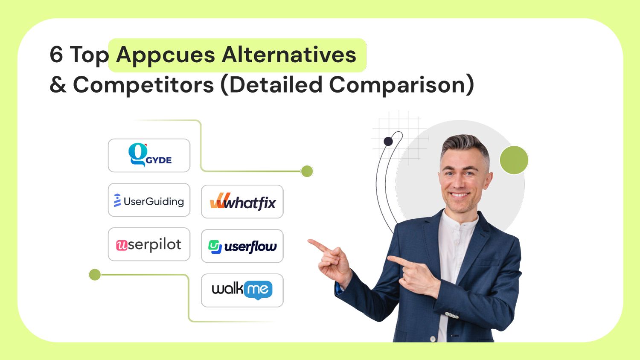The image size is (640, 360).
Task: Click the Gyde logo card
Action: tap(149, 155)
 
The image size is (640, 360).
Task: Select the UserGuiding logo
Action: tap(149, 200)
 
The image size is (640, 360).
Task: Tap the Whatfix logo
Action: tap(242, 202)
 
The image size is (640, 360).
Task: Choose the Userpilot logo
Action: tap(149, 244)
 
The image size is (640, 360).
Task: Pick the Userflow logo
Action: tap(242, 246)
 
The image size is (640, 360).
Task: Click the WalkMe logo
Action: tap(242, 290)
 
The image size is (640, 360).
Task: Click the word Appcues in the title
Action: tap(165, 55)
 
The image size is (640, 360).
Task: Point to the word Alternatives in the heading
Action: tap(289, 55)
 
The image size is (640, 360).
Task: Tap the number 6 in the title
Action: tap(56, 55)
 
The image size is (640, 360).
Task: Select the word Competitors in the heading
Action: tap(143, 84)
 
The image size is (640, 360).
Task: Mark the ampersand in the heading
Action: tap(58, 84)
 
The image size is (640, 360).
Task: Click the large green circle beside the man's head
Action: tap(514, 160)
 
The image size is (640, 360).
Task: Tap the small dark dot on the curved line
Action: tap(388, 141)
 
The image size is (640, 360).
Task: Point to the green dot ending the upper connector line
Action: tap(307, 171)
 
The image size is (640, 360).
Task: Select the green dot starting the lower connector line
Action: tap(95, 275)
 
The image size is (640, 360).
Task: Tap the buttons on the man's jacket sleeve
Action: tap(451, 316)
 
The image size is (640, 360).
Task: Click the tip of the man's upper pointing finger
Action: tap(311, 242)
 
